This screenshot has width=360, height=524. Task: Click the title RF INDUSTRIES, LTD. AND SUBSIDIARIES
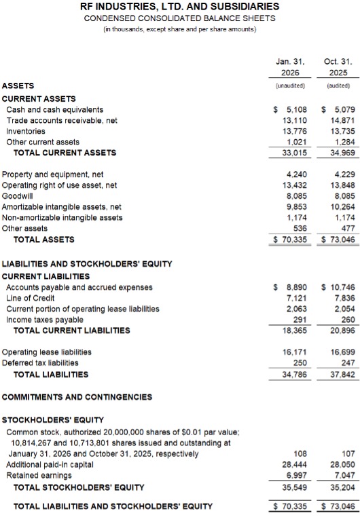[179, 7]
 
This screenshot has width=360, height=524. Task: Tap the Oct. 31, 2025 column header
[338, 66]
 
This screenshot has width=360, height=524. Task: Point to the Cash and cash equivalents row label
[54, 109]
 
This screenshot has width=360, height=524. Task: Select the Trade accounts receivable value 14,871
[342, 120]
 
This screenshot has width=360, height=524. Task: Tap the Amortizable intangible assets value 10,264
[342, 207]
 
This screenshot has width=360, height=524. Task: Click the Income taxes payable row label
[44, 320]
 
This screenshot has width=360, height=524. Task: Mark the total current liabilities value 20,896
[342, 331]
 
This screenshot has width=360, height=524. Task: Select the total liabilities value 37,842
[342, 374]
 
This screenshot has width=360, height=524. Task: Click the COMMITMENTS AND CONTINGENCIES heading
[77, 396]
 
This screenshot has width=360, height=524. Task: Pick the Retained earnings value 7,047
[344, 476]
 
